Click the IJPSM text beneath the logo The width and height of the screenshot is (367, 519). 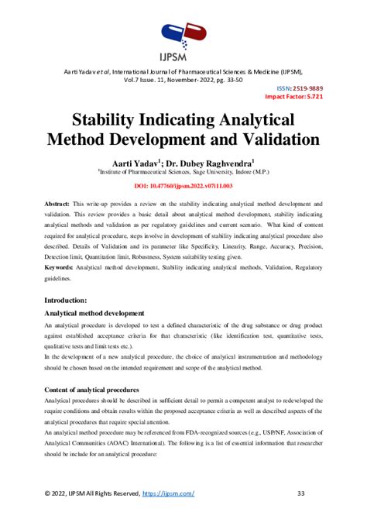pos(183,57)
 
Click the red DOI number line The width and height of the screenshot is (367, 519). pos(183,187)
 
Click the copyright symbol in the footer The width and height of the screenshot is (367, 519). pos(46,493)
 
